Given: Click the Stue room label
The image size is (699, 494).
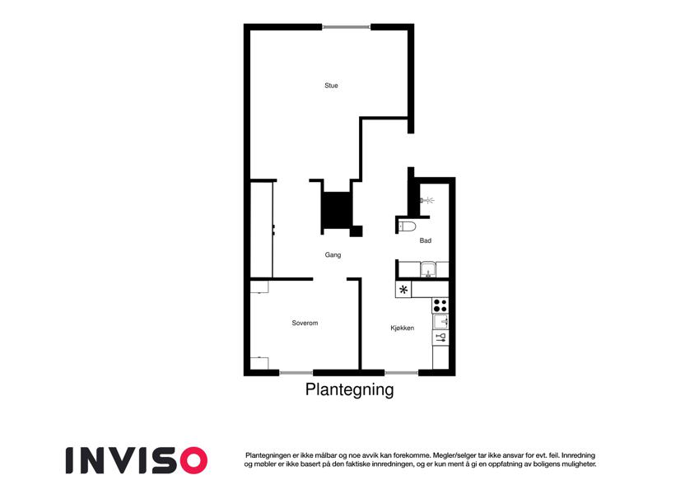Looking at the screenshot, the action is (331, 86).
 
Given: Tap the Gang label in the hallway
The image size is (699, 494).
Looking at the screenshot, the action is (333, 255).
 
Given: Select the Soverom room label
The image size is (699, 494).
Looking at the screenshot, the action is (305, 323).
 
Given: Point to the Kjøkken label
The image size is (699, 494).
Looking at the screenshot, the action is (403, 329).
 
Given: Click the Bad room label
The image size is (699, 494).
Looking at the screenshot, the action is (426, 240).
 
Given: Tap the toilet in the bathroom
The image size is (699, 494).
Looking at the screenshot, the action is (407, 226).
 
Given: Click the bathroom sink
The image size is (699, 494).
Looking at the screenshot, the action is (428, 269).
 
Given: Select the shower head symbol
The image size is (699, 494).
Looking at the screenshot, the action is (426, 201).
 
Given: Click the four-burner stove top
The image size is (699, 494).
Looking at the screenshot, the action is (440, 305).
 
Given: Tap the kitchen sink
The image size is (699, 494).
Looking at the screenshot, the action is (441, 321).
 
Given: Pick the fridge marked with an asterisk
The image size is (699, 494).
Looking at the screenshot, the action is (403, 290).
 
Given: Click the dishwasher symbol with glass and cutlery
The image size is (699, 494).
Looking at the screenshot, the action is (440, 337).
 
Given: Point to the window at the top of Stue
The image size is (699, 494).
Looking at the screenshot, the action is (347, 28).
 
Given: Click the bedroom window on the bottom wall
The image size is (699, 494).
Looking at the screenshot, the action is (296, 372).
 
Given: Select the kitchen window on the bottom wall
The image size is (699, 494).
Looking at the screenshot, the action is (401, 372).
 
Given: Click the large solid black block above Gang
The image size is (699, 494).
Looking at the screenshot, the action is (337, 210).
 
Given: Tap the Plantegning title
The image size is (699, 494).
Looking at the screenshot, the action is (349, 389).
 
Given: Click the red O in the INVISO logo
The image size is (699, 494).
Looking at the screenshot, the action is (194, 460).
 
